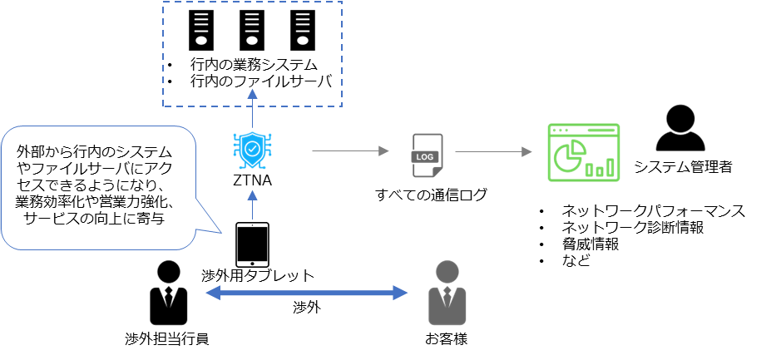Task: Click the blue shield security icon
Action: [253, 150]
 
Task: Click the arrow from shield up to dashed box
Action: [253, 108]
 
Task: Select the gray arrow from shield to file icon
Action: [349, 151]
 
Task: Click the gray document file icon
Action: [428, 155]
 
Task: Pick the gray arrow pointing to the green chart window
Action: [493, 151]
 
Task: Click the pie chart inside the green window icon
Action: [568, 157]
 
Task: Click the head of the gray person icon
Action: [447, 271]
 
